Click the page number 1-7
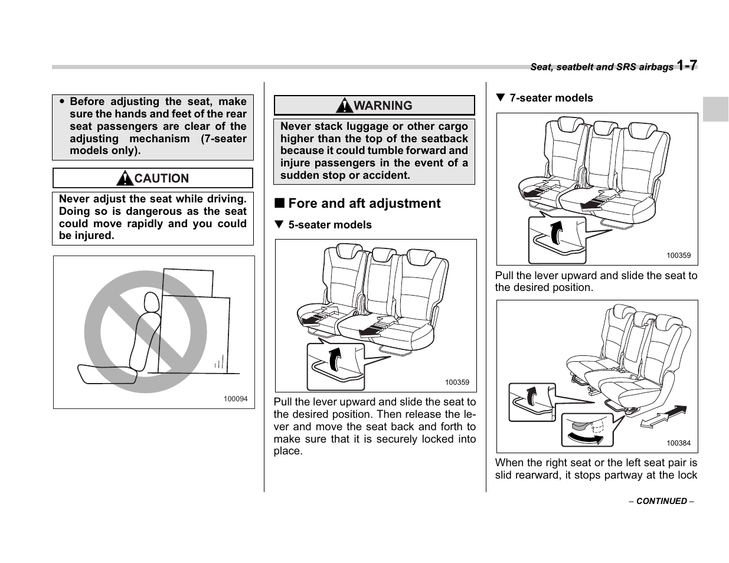click(687, 65)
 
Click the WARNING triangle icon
click(344, 106)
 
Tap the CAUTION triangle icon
click(125, 178)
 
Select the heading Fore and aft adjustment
click(364, 204)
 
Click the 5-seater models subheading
click(330, 225)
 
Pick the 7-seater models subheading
click(551, 98)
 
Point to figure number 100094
click(236, 399)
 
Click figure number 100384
click(678, 443)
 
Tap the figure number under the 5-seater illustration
click(457, 382)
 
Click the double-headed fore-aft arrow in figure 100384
click(663, 416)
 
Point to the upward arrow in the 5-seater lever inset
click(335, 359)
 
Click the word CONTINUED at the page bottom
click(661, 501)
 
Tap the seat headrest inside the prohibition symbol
click(151, 303)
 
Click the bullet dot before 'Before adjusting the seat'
click(62, 102)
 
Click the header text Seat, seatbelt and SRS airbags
click(601, 67)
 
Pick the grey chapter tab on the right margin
click(715, 109)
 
